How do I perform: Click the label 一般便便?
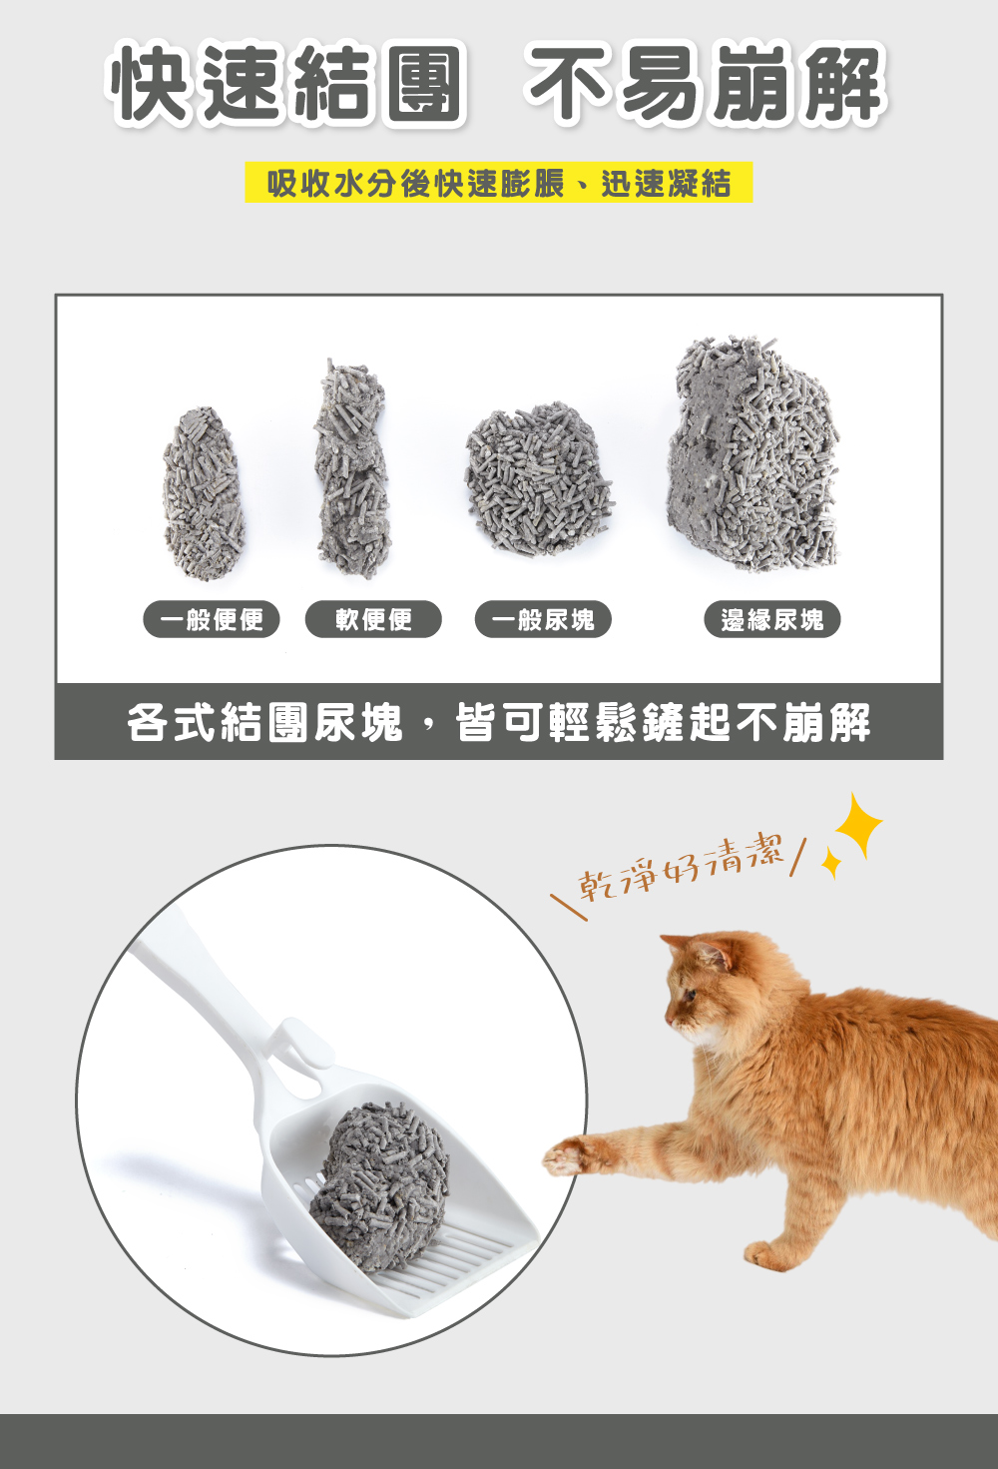(212, 619)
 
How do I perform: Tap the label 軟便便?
(373, 619)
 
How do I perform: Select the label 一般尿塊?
(542, 619)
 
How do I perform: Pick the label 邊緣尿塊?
(772, 619)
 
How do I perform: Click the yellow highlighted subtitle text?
(498, 183)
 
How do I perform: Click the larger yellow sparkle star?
(856, 827)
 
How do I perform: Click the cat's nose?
(669, 1016)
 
